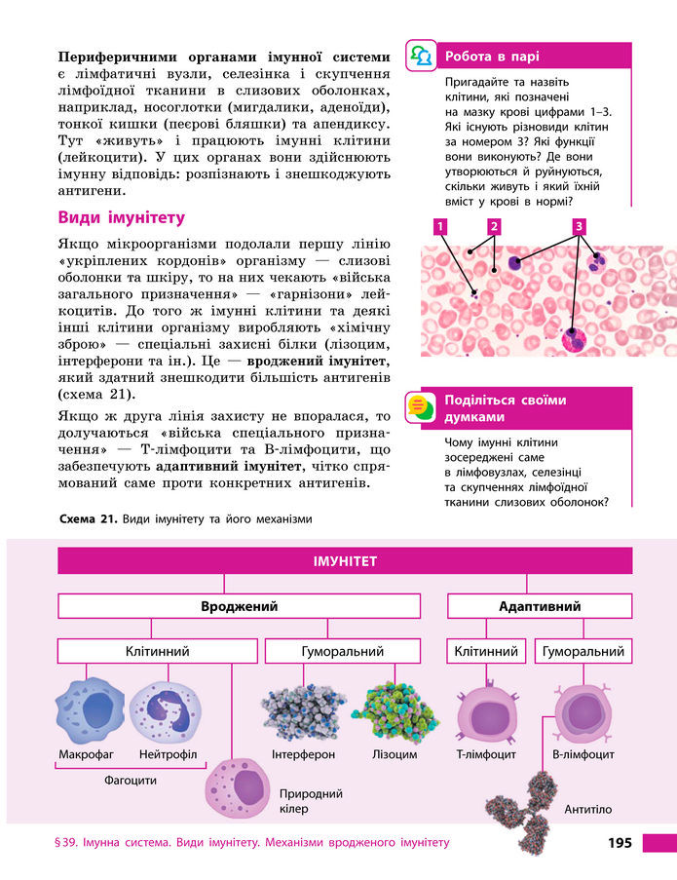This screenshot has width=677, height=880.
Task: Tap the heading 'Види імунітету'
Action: point(121,217)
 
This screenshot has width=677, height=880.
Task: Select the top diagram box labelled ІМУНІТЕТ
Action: point(345,561)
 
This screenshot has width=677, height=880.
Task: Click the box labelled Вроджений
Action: point(239,606)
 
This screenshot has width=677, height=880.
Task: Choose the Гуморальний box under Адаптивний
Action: point(583,651)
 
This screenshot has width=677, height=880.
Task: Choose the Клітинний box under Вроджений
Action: point(157,651)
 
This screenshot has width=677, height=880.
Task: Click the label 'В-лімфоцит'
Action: point(583,754)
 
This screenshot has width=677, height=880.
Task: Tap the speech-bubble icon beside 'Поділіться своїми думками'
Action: point(420,406)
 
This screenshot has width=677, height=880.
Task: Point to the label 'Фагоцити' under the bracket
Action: point(130,780)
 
